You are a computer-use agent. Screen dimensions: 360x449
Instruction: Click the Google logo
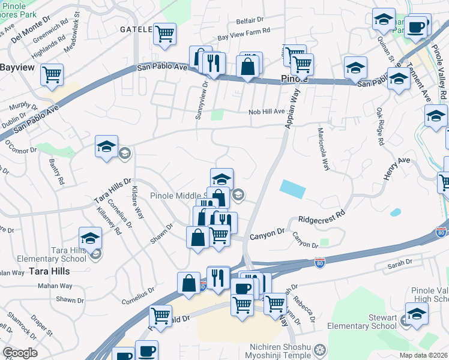tap(20, 353)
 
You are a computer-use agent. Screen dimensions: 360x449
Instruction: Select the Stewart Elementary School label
tap(361, 322)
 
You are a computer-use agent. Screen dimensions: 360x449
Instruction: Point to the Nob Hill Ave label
tap(267, 112)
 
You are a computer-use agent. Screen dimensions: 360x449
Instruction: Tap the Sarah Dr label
tap(400, 263)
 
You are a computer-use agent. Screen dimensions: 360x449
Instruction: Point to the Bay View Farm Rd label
tap(244, 37)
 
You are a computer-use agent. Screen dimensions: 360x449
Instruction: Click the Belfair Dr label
tap(250, 20)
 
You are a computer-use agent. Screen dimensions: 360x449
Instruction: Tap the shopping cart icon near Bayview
tap(52, 75)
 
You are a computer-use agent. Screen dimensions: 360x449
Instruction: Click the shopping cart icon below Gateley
tap(164, 34)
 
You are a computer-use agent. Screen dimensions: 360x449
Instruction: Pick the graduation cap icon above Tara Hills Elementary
tap(90, 238)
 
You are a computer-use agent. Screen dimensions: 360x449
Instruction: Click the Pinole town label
tap(295, 79)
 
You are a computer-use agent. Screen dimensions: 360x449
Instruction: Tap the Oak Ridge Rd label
tap(379, 128)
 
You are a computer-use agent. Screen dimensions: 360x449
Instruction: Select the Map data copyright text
tap(423, 355)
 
